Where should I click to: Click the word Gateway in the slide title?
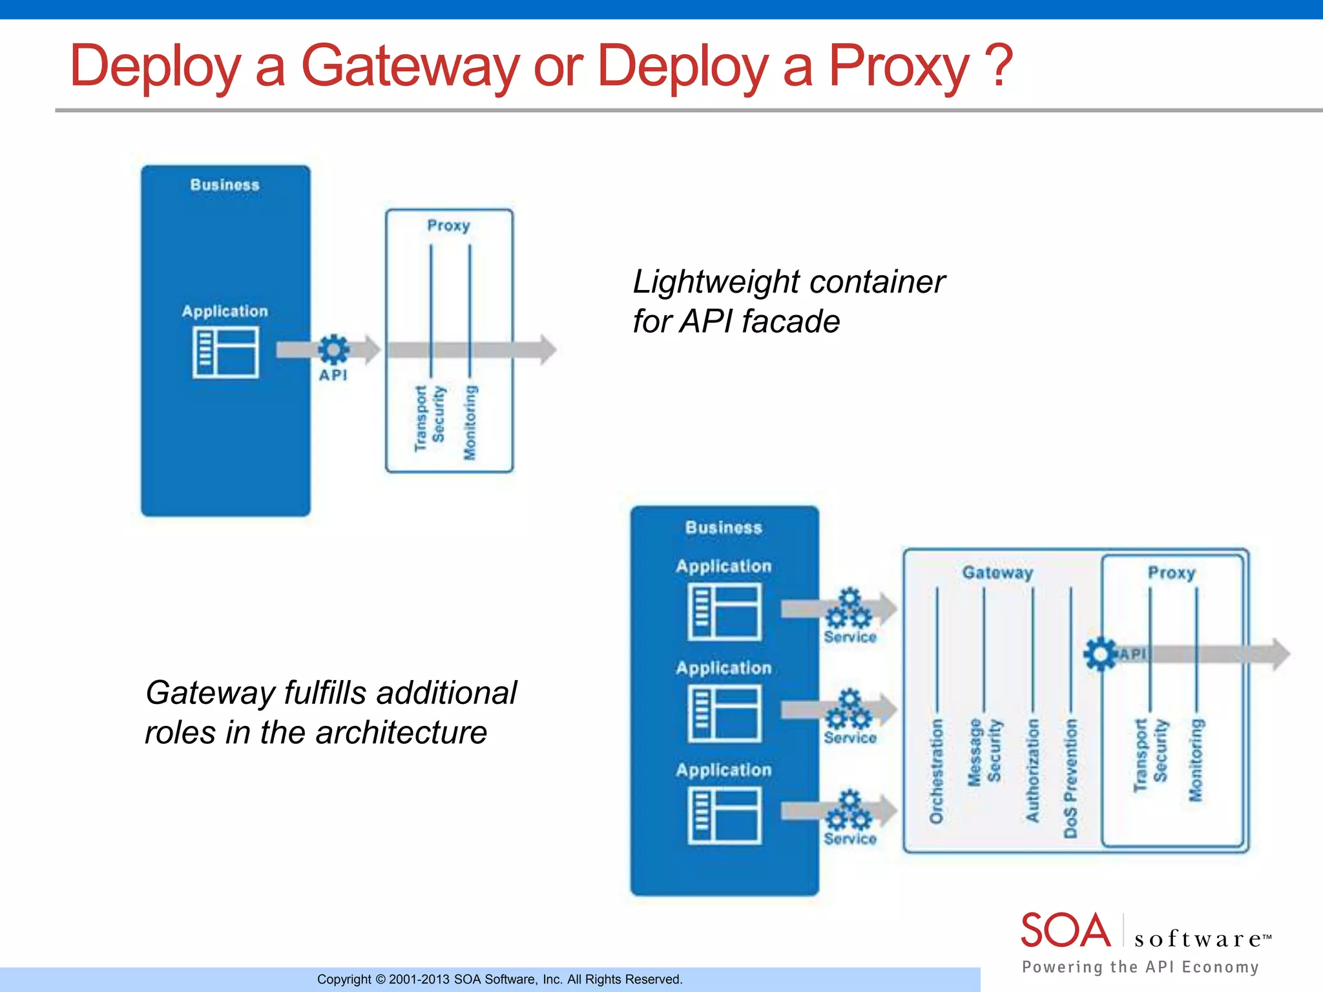(x=410, y=66)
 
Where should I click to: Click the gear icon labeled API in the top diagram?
(x=333, y=349)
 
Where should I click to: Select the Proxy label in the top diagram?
(x=448, y=225)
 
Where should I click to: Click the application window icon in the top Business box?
(x=225, y=352)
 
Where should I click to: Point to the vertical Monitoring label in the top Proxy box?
(x=470, y=422)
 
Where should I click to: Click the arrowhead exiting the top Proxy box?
(x=548, y=349)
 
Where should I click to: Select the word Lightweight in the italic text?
(x=716, y=282)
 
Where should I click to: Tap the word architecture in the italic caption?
(x=401, y=732)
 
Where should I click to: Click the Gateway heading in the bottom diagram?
(x=997, y=572)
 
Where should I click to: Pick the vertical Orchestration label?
(x=936, y=771)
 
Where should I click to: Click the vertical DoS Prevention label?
(x=1071, y=778)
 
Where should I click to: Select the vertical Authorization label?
(x=1032, y=770)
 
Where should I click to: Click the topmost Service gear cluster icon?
(x=849, y=608)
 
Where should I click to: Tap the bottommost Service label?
(x=850, y=839)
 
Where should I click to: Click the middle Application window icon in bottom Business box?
(x=724, y=714)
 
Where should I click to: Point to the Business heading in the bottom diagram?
(x=724, y=528)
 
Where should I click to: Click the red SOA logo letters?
(x=1065, y=931)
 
